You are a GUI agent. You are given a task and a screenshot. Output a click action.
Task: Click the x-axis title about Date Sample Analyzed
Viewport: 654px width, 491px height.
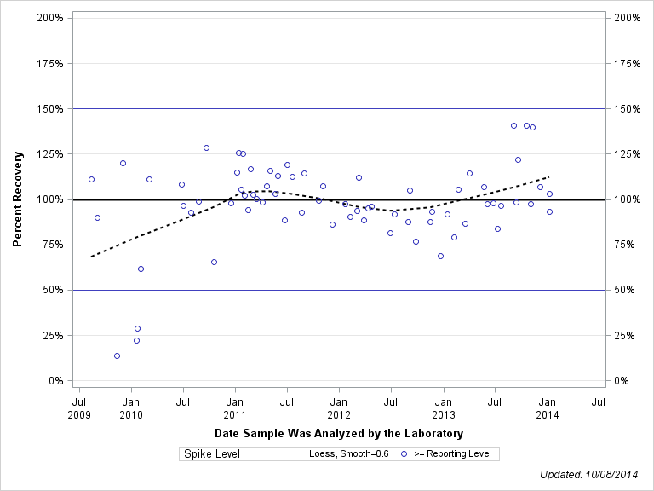click(327, 434)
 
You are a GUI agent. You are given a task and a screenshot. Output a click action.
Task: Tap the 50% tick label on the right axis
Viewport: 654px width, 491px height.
click(623, 290)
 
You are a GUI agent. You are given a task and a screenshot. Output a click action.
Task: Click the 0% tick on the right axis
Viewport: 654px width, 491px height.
click(621, 381)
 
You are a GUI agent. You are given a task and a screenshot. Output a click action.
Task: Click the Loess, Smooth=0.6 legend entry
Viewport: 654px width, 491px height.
click(324, 453)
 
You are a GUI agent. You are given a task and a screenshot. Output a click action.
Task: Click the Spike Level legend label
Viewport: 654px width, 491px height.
click(213, 453)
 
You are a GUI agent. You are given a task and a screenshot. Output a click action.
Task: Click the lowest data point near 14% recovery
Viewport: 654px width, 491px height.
click(117, 355)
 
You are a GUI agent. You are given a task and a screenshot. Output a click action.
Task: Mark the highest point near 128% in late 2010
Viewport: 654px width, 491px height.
click(206, 147)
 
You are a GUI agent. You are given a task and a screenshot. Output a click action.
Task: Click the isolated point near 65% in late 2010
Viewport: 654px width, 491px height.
click(214, 262)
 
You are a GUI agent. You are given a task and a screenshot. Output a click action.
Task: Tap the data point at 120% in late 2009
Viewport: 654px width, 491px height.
click(123, 163)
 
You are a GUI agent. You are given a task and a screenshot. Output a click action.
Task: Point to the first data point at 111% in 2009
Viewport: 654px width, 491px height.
click(91, 179)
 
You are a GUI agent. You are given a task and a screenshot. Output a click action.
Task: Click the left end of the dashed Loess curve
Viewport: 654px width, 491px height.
click(91, 256)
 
